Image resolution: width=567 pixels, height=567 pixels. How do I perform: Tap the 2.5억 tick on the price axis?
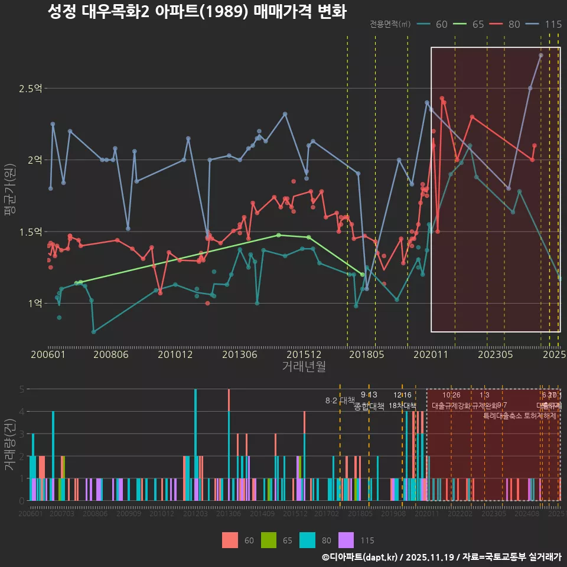[30, 89]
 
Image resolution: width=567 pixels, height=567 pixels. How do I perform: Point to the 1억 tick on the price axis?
[34, 303]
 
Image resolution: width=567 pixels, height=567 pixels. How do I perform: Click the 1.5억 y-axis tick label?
[30, 232]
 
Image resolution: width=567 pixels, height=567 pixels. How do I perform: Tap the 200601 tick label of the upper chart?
[48, 354]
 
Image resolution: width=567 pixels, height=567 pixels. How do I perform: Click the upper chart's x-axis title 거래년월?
[304, 367]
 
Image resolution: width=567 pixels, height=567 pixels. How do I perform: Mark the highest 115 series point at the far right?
[541, 55]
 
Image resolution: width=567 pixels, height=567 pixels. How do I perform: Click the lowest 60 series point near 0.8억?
[93, 332]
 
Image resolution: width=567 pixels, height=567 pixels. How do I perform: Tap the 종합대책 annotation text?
[369, 406]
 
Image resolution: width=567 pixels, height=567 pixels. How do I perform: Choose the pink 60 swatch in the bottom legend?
[230, 540]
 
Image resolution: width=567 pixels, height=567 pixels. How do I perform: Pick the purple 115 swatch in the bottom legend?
[346, 540]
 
